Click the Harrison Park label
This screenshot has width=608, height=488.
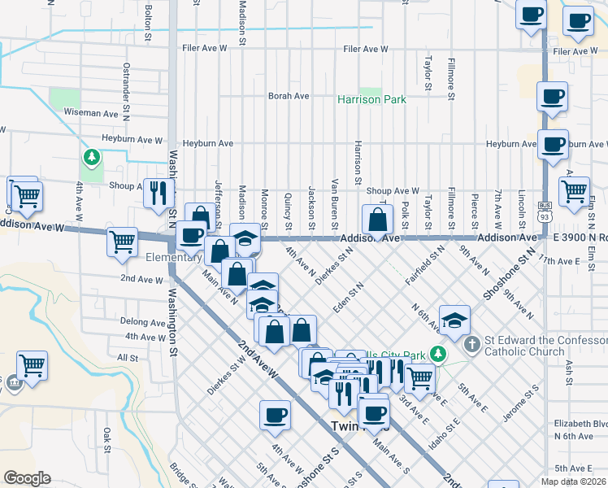[x=371, y=99]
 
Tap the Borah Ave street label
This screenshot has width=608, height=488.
[x=289, y=95]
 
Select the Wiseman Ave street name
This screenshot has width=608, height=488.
[x=91, y=113]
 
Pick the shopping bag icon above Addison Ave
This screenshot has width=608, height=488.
[x=378, y=219]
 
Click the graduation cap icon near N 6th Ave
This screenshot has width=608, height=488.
[x=455, y=320]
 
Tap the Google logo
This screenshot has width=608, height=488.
[x=27, y=478]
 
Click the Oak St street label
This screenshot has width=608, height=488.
[x=106, y=440]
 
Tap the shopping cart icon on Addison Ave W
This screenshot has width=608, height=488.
[x=122, y=240]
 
